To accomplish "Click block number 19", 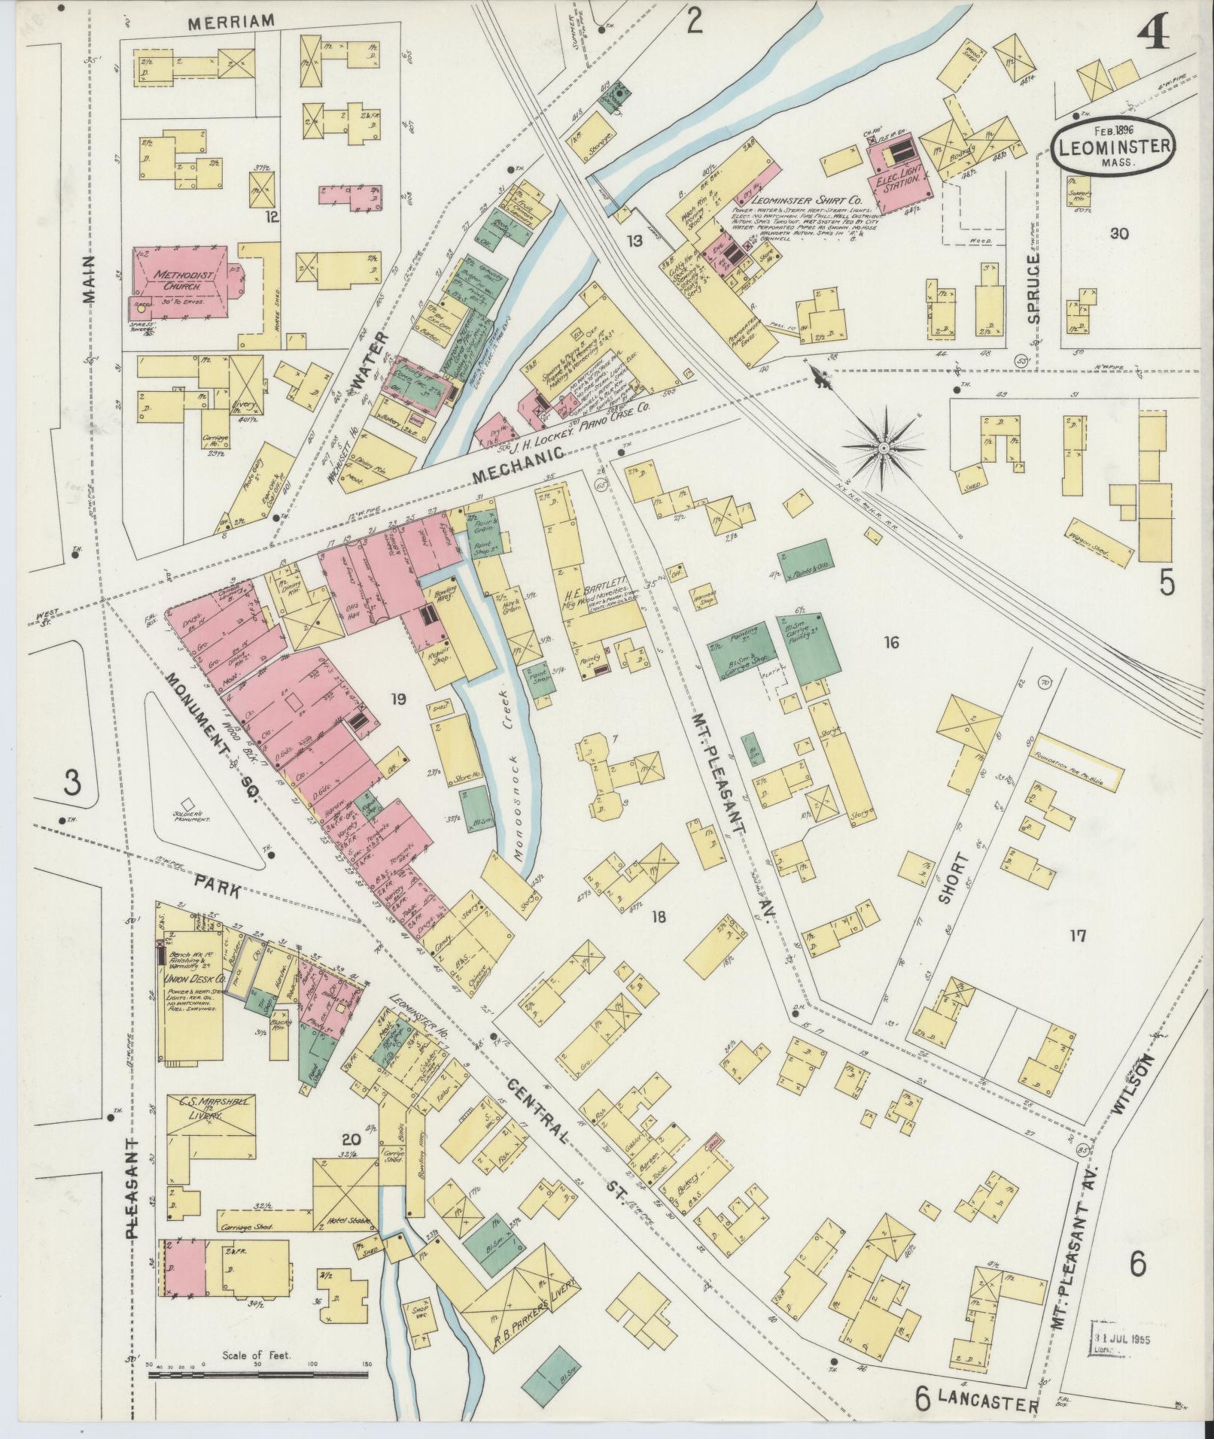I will pos(397,700).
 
